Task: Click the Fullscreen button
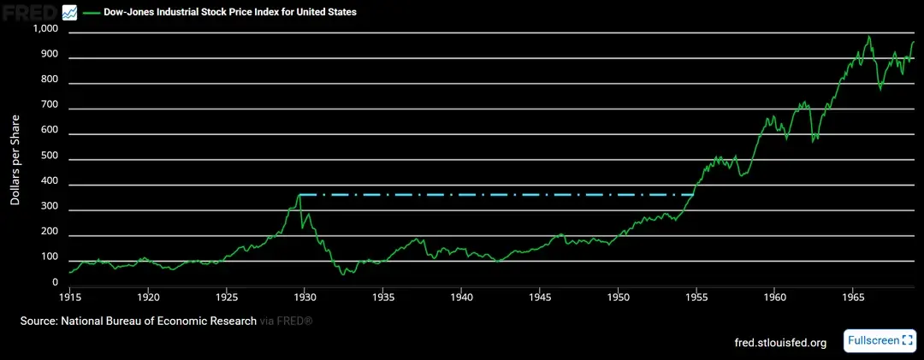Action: click(880, 340)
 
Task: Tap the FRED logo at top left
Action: click(29, 12)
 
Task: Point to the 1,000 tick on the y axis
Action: click(44, 30)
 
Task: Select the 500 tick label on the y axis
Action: click(49, 156)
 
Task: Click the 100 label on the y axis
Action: click(49, 257)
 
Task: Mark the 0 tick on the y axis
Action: click(55, 282)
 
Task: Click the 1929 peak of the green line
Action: click(299, 195)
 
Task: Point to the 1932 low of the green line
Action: click(343, 274)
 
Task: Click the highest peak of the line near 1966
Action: click(868, 37)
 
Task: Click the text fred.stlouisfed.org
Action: click(780, 343)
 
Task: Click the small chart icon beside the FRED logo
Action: click(70, 12)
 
